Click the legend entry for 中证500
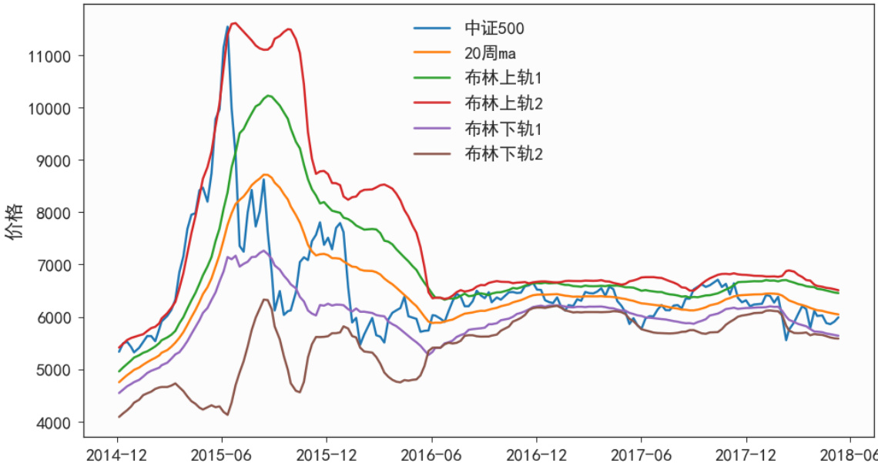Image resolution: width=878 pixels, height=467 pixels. (x=494, y=29)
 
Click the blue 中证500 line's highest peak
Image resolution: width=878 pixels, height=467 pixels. (x=227, y=26)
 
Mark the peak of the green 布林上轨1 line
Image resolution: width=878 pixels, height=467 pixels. (x=268, y=96)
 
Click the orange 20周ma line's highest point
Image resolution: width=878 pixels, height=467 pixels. (x=266, y=175)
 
